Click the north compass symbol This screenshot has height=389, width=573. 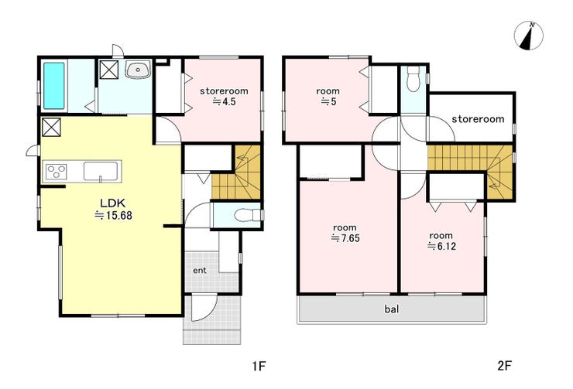click(528, 36)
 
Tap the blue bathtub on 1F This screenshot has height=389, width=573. click(54, 86)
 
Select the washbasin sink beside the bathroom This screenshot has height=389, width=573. click(138, 70)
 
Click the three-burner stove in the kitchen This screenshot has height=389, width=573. click(57, 172)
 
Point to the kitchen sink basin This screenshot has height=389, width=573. click(101, 171)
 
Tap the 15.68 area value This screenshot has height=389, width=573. click(113, 216)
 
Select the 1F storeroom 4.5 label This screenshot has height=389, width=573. click(224, 97)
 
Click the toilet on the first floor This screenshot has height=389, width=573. click(249, 215)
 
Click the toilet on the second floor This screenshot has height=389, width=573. click(414, 80)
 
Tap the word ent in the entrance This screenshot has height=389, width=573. click(200, 271)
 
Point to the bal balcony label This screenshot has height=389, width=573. click(391, 309)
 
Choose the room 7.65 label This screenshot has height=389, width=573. click(345, 234)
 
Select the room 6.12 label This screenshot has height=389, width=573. click(441, 241)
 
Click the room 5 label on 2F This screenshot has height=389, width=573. click(328, 97)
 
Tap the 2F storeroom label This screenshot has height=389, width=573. click(478, 119)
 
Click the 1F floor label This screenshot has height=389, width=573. click(259, 366)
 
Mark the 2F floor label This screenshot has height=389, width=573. click(505, 366)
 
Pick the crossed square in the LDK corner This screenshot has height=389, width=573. click(51, 128)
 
